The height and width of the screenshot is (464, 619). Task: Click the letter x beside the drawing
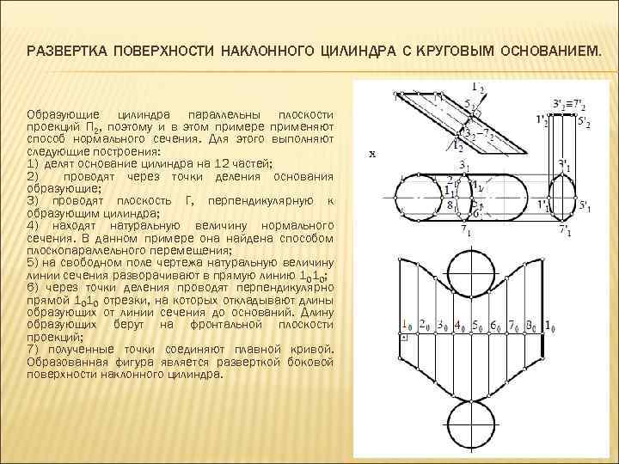371,155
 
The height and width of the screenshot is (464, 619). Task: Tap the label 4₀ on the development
461,326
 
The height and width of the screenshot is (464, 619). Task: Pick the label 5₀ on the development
478,326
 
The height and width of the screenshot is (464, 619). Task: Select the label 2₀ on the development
425,326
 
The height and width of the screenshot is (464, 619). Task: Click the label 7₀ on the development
514,326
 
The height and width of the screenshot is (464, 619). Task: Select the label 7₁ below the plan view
465,230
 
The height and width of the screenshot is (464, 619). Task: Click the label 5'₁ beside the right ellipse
586,205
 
